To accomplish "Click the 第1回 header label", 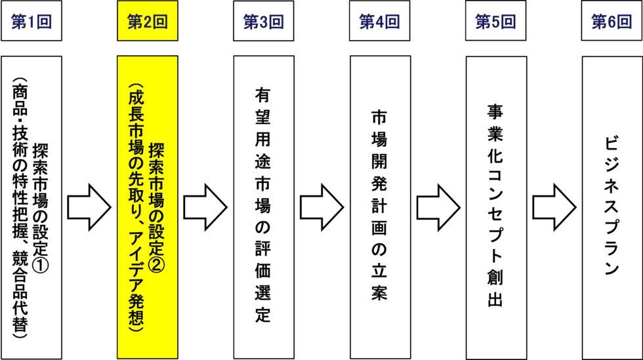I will (31, 22).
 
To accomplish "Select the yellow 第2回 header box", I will (147, 22).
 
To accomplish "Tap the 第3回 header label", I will (263, 22).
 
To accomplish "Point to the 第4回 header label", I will (379, 22).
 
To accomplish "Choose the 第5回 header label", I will (495, 22).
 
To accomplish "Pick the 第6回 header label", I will (612, 22).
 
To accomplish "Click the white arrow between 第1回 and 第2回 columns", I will (89, 207).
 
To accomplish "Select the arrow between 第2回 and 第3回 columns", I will (205, 207).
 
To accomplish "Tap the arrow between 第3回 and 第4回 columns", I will (321, 207).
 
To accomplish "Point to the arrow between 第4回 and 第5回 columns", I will (438, 207).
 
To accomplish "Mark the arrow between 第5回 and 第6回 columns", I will (554, 207).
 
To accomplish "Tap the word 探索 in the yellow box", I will (157, 158).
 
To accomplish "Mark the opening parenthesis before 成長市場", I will (136, 87).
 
